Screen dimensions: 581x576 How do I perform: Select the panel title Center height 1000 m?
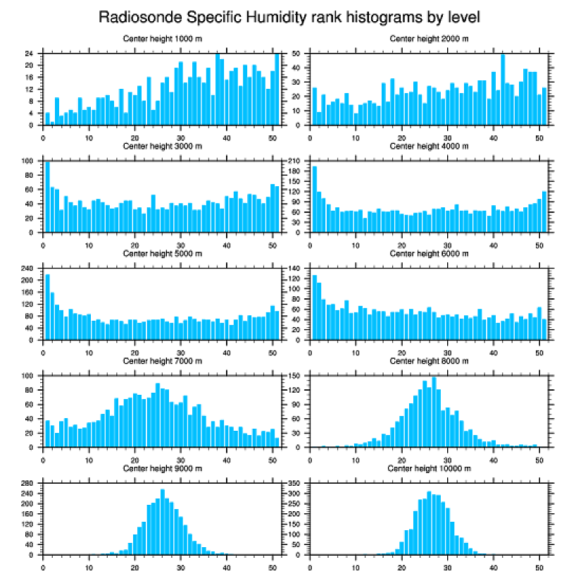pyautogui.click(x=162, y=38)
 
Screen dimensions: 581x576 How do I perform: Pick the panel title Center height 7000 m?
pyautogui.click(x=162, y=361)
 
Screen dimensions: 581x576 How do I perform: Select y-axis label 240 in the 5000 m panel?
pyautogui.click(x=27, y=269)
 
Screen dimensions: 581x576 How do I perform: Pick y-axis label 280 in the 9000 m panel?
pyautogui.click(x=27, y=484)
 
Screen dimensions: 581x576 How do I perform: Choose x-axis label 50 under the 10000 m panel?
pyautogui.click(x=539, y=565)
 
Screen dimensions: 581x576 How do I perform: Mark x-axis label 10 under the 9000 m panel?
pyautogui.click(x=89, y=565)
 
